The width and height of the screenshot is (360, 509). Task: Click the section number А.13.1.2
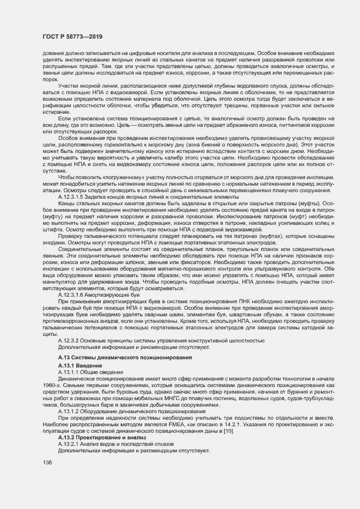tap(71, 413)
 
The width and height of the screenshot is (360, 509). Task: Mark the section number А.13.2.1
tap(71, 444)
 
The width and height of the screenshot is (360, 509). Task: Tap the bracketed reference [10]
tap(228, 431)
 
